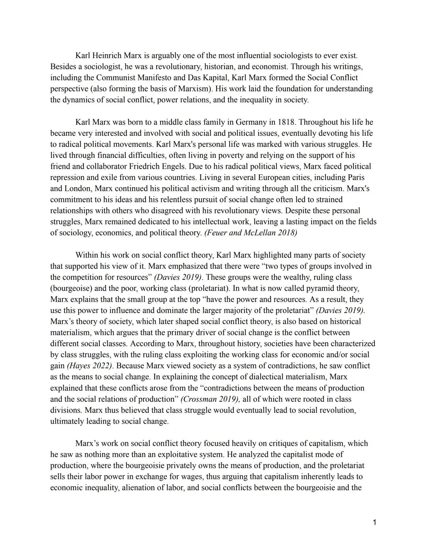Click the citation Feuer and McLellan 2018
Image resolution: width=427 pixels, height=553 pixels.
click(x=251, y=233)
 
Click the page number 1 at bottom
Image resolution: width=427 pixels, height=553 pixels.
click(x=374, y=523)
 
